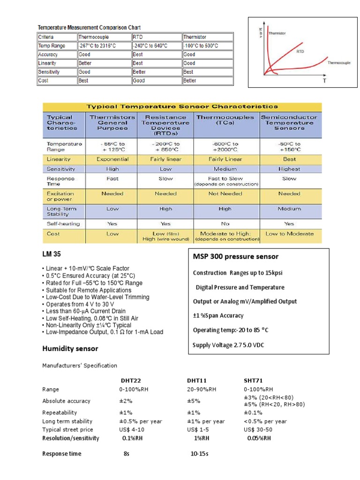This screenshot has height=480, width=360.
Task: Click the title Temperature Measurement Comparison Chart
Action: [x=89, y=28]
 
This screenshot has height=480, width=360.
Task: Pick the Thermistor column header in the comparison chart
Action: [x=195, y=37]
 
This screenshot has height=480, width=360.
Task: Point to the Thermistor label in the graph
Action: [x=277, y=33]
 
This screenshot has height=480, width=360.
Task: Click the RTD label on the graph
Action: [x=300, y=52]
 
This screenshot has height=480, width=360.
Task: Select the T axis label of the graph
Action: [x=324, y=81]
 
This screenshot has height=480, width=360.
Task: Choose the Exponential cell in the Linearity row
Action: [x=112, y=159]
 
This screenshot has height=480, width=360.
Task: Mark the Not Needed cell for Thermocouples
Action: [x=225, y=194]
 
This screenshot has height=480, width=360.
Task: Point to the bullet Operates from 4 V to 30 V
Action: [x=80, y=304]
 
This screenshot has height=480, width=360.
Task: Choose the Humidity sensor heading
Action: [x=70, y=348]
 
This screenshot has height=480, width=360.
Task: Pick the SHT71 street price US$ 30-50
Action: [x=258, y=429]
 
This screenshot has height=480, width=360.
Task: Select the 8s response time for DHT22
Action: [x=126, y=454]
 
